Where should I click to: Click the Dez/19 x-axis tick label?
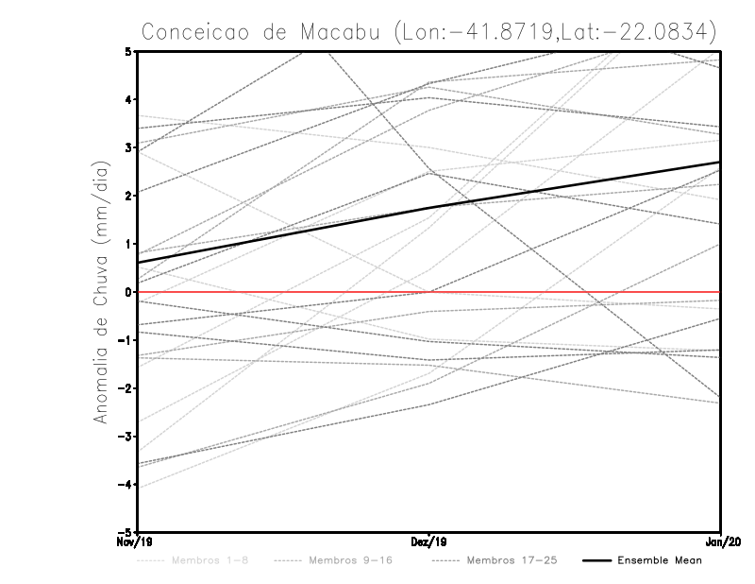click(429, 542)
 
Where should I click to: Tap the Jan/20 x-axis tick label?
click(721, 542)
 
